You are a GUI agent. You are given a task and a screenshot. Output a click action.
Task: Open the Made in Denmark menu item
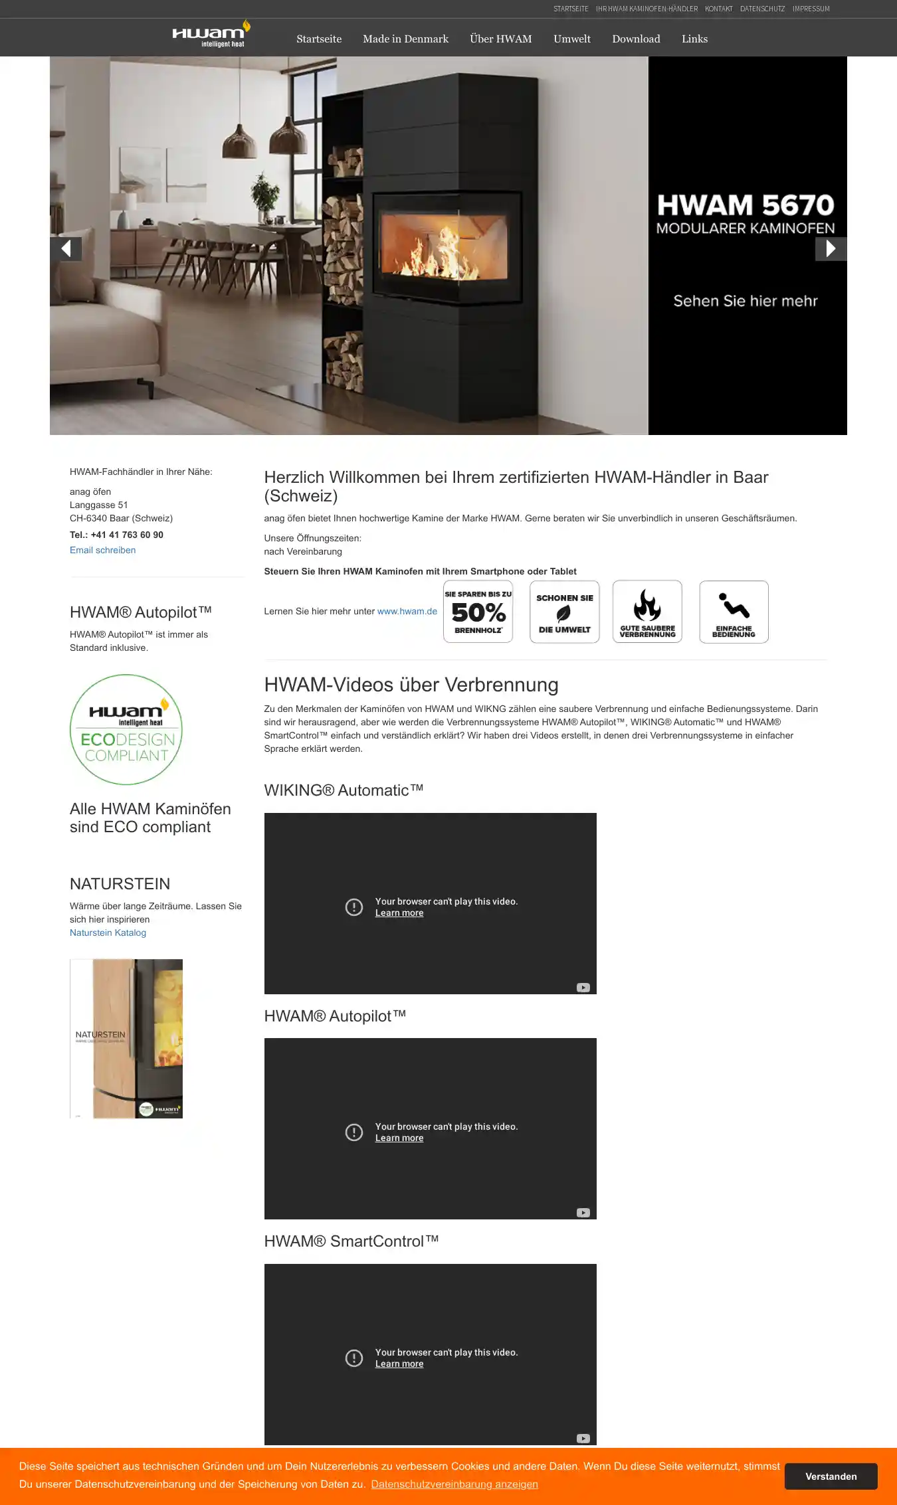coord(405,39)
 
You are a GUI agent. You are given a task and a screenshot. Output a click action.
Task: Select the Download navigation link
coord(636,39)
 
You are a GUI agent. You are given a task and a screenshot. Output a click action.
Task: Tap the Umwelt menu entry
coord(571,39)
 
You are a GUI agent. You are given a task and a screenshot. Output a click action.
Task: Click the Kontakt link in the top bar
coord(718,9)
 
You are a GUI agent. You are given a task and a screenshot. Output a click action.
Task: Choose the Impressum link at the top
coord(811,9)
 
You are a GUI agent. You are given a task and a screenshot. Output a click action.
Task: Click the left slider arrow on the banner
coord(66,249)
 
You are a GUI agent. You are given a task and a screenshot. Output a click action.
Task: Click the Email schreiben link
coord(102,551)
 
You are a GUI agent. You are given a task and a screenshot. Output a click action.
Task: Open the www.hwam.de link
coord(407,612)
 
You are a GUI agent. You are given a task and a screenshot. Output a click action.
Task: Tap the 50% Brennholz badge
coord(478,612)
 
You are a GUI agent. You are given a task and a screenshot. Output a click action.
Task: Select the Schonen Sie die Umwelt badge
coord(564,612)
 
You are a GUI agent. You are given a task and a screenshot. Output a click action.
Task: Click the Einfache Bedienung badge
coord(734,612)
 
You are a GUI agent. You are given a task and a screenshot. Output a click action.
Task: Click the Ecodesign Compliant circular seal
coord(126,729)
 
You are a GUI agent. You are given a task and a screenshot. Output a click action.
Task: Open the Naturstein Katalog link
coord(108,933)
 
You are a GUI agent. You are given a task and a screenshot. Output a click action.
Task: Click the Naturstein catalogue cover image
coord(126,1039)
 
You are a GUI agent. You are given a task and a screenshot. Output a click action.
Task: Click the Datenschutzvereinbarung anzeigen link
coord(454,1484)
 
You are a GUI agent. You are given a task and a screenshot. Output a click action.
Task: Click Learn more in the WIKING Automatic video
coord(399,913)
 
